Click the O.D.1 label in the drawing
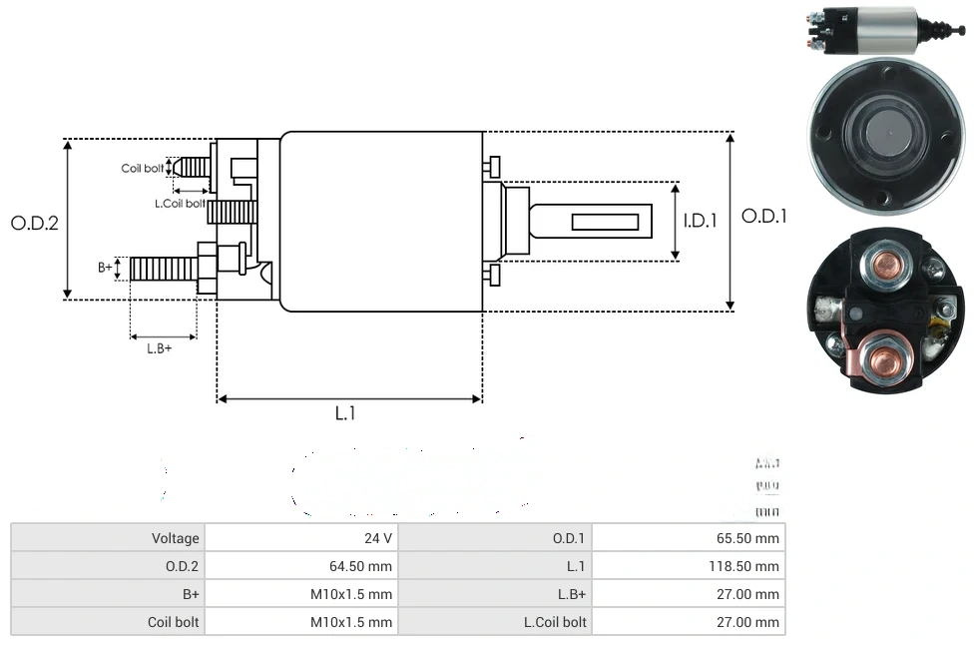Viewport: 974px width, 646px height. click(x=763, y=216)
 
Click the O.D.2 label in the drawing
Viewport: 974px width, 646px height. click(x=35, y=223)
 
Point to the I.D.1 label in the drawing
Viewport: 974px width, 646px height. click(x=700, y=221)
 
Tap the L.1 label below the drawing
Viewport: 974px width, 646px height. click(x=345, y=413)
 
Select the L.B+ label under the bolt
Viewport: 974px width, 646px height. click(x=160, y=348)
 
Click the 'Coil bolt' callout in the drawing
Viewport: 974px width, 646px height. click(x=143, y=168)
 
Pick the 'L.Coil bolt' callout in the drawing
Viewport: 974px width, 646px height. click(x=180, y=203)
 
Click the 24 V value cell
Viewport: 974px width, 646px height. click(x=378, y=538)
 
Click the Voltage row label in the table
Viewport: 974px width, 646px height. click(x=176, y=538)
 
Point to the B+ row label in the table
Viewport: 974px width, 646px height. click(x=189, y=594)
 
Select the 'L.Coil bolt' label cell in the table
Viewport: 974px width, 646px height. click(x=555, y=622)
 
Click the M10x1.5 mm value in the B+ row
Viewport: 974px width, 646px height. click(x=352, y=594)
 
